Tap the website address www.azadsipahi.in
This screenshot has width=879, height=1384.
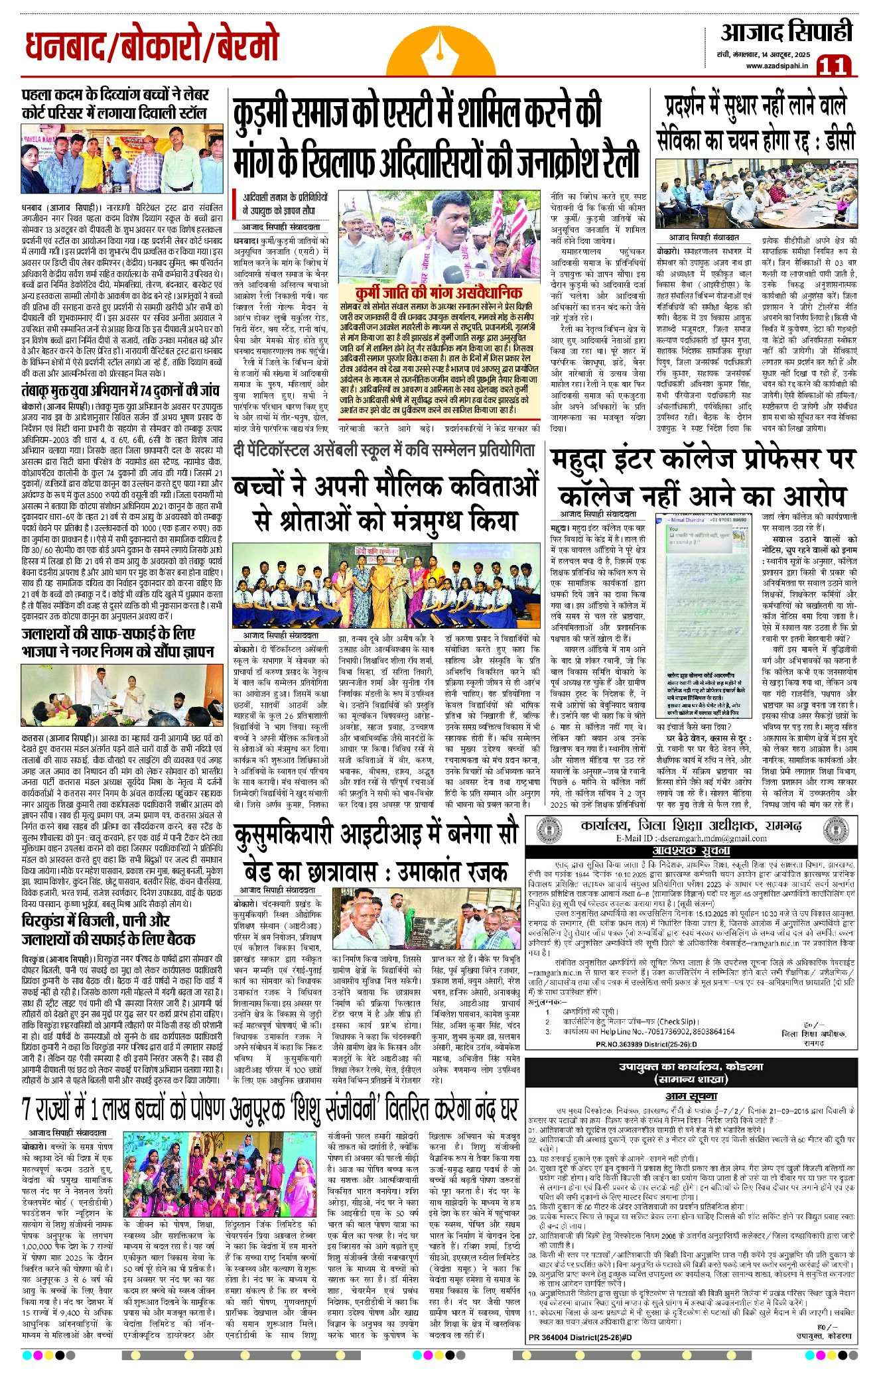coord(776,66)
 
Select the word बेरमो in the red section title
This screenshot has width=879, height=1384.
coord(241,48)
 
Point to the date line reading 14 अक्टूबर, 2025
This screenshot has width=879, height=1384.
coord(787,53)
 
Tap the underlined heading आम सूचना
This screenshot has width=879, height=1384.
coord(691,1096)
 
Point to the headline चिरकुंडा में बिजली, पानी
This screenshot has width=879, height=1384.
coord(96,920)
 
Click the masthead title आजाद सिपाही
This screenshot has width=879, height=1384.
coord(786,31)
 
